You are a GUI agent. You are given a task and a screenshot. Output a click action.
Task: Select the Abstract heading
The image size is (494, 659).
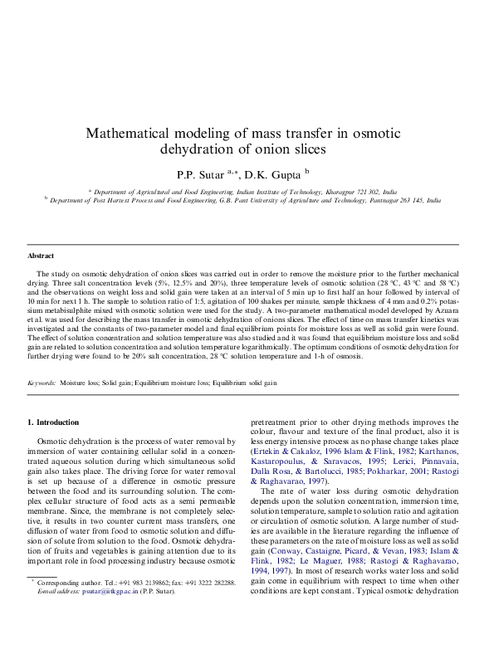click(x=41, y=256)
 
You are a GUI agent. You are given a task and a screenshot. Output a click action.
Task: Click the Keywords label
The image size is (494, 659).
click(x=42, y=383)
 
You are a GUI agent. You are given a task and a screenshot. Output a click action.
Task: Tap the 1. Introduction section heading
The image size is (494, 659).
click(x=53, y=422)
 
